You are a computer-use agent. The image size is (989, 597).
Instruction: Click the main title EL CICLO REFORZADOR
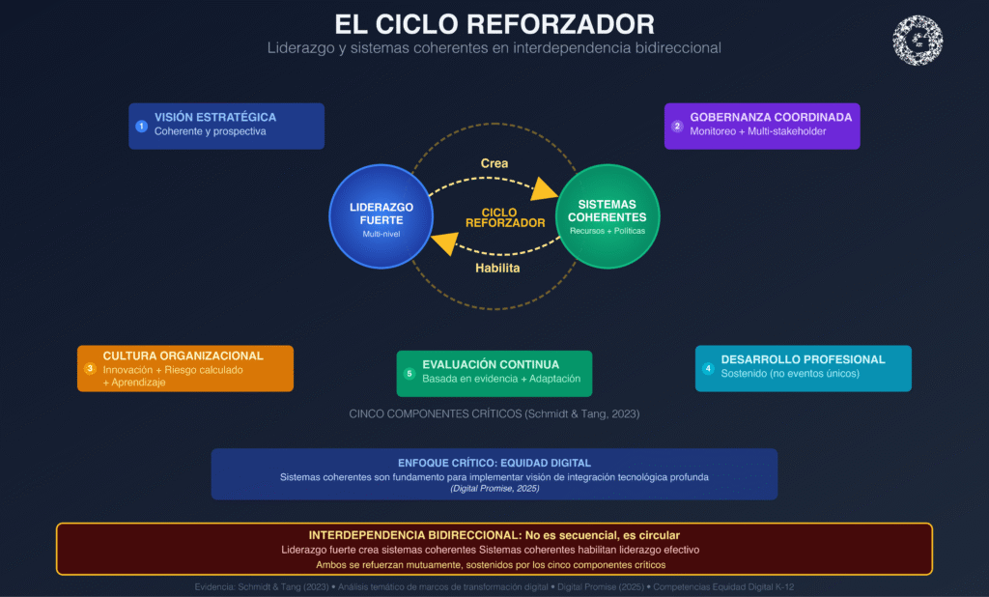tap(494, 23)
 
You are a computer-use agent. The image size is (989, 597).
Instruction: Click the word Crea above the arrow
tap(494, 163)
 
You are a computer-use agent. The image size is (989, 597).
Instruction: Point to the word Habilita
tap(497, 268)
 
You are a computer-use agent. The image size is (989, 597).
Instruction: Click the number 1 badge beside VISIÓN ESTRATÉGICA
tap(142, 126)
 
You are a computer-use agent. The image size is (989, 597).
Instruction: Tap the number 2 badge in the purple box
tap(677, 126)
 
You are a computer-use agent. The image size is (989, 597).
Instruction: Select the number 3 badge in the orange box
tap(90, 368)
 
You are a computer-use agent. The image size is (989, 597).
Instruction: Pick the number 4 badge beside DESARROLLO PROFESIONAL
tap(708, 368)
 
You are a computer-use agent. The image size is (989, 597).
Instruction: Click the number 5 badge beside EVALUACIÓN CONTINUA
tap(410, 373)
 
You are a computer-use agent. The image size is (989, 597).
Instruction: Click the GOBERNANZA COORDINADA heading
tap(771, 118)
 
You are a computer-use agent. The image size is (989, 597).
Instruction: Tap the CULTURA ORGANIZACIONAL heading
tap(183, 355)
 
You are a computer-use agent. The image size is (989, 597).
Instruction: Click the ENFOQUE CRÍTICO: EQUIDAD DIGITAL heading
tap(494, 463)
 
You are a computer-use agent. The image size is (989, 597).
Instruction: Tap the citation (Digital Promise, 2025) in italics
tap(494, 489)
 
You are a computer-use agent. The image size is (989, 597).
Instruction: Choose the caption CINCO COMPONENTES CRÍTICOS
tap(494, 413)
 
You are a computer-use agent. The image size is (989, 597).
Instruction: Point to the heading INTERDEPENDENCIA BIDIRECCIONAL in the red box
tap(494, 535)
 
